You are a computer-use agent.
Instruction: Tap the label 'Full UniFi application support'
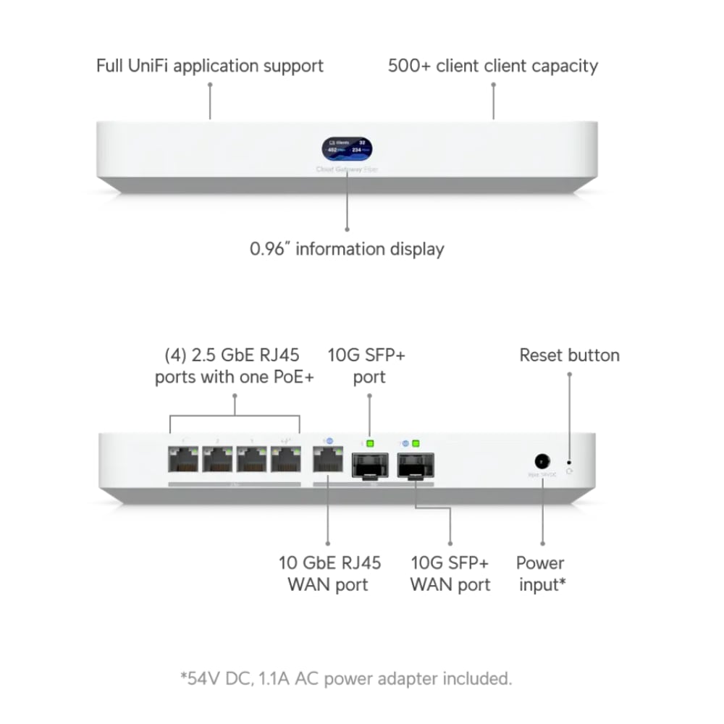coord(210,66)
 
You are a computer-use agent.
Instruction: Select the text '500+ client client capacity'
coord(493,66)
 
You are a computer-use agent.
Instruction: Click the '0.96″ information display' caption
coord(347,249)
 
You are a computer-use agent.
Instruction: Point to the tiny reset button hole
coord(569,460)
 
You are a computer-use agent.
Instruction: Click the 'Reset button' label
coord(569,355)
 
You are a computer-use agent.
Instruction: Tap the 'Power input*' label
coord(540,573)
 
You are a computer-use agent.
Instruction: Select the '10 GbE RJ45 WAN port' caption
coord(329,573)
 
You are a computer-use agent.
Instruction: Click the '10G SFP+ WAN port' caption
coord(450,573)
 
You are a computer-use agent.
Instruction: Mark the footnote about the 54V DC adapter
coord(346,679)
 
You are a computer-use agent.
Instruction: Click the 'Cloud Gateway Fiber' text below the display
coord(347,170)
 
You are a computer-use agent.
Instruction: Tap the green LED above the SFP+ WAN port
coord(416,442)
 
